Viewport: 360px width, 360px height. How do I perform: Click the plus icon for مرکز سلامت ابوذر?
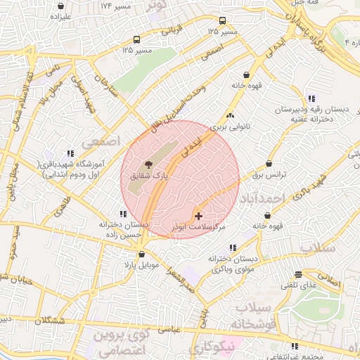click(198, 215)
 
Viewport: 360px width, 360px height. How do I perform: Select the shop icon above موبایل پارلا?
click(142, 255)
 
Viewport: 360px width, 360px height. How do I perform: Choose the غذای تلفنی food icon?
click(299, 274)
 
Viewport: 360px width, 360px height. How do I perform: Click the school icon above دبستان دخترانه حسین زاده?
click(123, 213)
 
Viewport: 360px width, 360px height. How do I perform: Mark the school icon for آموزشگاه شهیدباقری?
click(70, 153)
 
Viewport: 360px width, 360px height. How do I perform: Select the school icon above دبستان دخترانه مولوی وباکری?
click(233, 247)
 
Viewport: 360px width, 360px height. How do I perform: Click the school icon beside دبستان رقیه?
click(311, 98)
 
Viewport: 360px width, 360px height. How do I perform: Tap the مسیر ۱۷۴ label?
click(115, 6)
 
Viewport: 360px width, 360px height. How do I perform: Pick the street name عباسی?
click(171, 329)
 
